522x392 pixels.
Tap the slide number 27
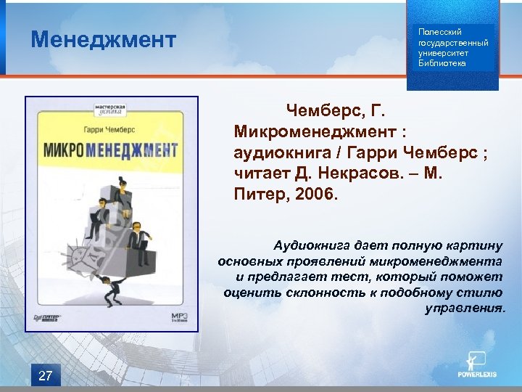45,375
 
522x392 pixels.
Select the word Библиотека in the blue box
442,63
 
